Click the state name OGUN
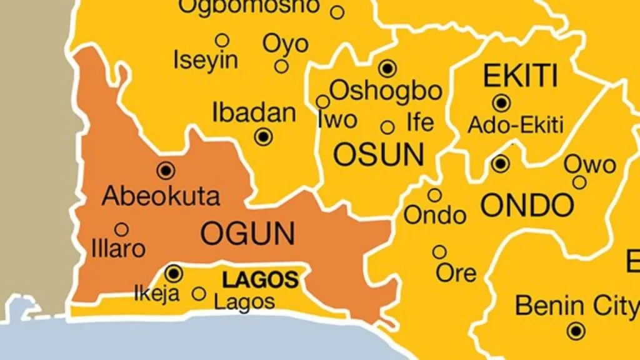[x=247, y=233]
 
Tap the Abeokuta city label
[x=161, y=196]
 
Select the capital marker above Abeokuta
[x=166, y=169]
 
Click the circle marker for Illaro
[x=122, y=229]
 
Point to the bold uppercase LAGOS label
[x=261, y=280]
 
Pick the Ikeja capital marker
[x=174, y=273]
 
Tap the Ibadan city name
[x=254, y=113]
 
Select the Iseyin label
[x=206, y=61]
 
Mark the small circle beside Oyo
[x=282, y=66]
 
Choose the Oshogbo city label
[x=386, y=91]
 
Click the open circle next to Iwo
[x=322, y=102]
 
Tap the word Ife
[x=420, y=122]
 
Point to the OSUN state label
[x=379, y=154]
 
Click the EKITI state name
[x=520, y=76]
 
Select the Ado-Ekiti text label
[x=516, y=125]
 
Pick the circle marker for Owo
[x=579, y=182]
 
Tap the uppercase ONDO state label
[x=526, y=204]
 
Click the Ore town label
[x=456, y=272]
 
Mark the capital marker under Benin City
[x=576, y=331]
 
